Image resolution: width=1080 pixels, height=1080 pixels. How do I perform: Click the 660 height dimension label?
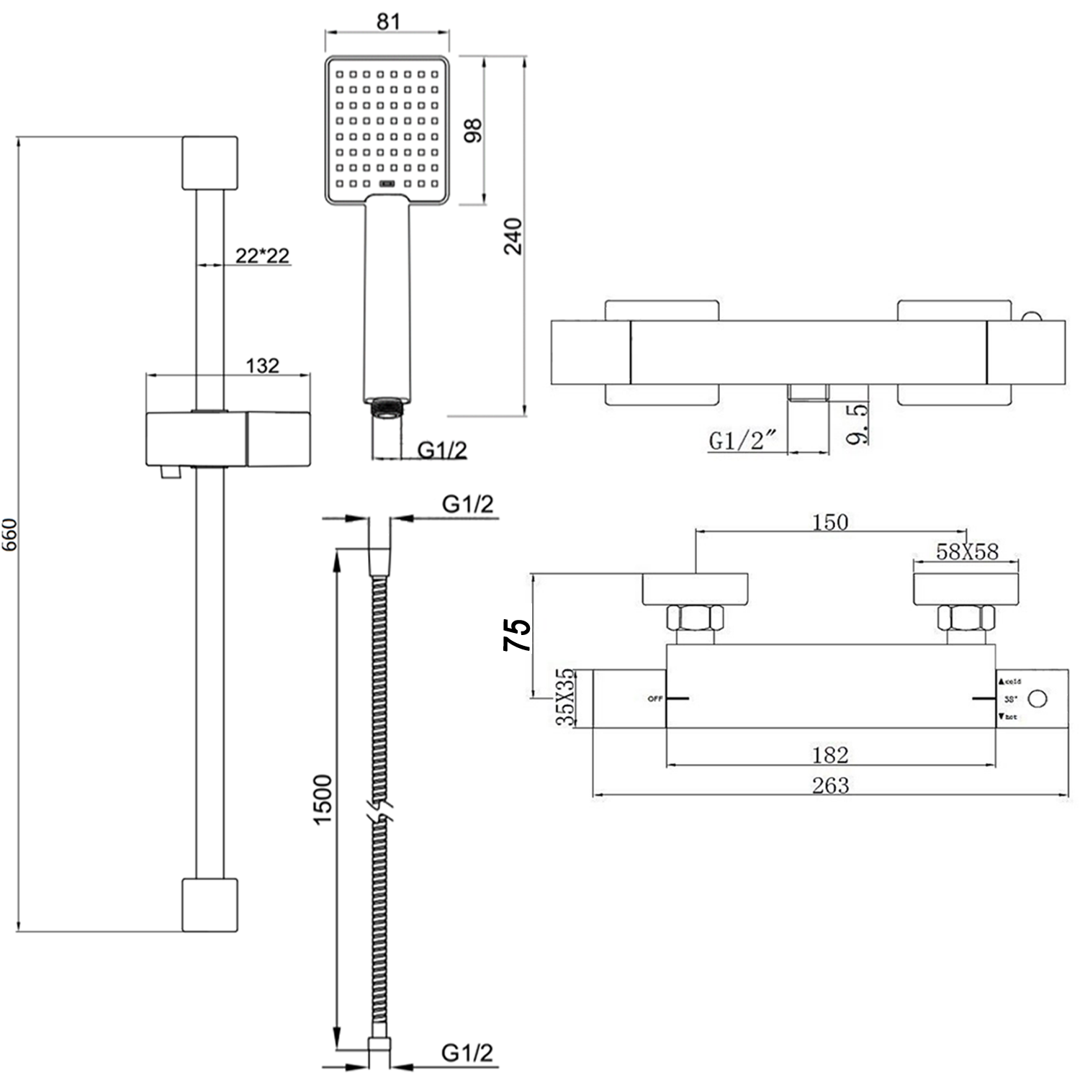coord(9,534)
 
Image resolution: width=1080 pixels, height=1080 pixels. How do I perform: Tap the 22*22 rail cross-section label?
coord(262,255)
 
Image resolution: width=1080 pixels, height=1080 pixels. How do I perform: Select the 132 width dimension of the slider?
coord(262,366)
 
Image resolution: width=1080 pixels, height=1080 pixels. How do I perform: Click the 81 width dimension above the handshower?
coord(388,21)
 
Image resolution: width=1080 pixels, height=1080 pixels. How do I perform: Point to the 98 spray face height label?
coord(473,130)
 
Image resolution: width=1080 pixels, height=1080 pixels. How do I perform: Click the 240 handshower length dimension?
coord(513,235)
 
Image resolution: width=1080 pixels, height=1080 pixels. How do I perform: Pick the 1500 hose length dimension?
coord(323,799)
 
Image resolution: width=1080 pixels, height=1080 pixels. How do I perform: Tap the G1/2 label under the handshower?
coord(442,450)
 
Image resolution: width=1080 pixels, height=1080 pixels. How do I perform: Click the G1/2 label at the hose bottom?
coord(467,1053)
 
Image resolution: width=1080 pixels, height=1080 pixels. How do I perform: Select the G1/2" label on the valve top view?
coord(744,440)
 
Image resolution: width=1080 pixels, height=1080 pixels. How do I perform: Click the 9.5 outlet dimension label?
coord(857,424)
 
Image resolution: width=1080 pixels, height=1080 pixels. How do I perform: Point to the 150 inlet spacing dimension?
coord(830,522)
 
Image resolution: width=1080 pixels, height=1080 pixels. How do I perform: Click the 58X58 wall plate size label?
coord(967,552)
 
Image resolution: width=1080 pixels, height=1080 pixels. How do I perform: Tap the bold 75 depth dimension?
coord(517,634)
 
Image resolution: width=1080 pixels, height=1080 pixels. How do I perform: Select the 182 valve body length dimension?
coord(830,755)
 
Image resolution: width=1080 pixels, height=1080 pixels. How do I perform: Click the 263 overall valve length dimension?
coord(830,785)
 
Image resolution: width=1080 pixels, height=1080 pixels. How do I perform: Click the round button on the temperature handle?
coord(1038,698)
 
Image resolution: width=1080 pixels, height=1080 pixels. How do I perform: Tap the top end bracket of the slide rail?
coord(210,163)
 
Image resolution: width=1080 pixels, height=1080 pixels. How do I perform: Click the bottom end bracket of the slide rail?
coord(210,904)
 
